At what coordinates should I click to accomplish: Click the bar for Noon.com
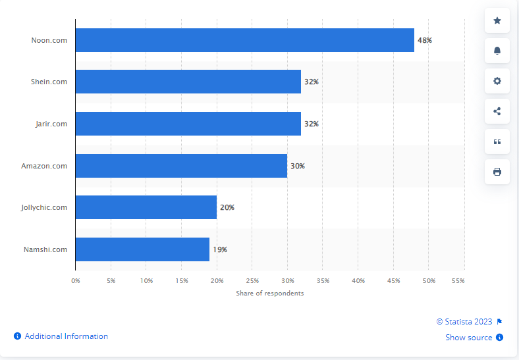[x=244, y=40]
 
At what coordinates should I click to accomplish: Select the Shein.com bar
[x=188, y=82]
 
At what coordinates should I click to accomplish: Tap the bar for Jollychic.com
[x=146, y=207]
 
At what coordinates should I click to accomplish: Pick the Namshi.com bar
[x=142, y=249]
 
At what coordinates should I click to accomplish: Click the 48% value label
[x=425, y=40]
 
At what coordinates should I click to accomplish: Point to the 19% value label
[x=220, y=249]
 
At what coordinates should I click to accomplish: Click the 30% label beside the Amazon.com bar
[x=298, y=166]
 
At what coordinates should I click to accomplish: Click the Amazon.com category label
[x=44, y=166]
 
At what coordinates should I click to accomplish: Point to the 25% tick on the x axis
[x=252, y=281]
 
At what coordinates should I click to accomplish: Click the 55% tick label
[x=458, y=281]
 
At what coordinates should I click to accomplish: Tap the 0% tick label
[x=76, y=281]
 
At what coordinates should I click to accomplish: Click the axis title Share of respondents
[x=270, y=293]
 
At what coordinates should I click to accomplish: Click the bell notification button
[x=497, y=51]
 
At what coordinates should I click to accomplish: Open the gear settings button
[x=497, y=81]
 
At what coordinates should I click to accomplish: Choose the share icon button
[x=497, y=111]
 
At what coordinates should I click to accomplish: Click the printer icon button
[x=497, y=172]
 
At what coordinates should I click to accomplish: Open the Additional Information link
[x=66, y=336]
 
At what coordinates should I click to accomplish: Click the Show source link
[x=469, y=338]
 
